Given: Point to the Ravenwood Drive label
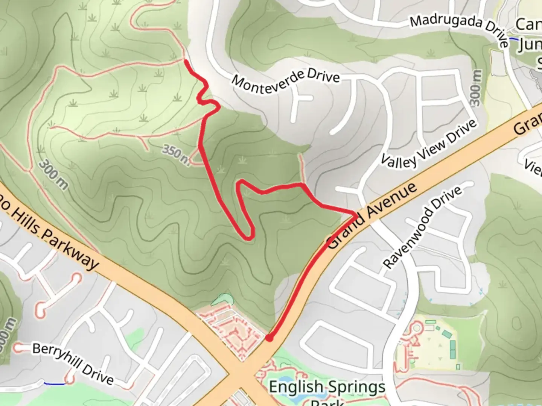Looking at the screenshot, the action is [x=422, y=227].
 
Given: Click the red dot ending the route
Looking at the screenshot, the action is [x=269, y=338].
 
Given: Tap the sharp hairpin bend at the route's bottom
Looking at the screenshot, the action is [x=249, y=236].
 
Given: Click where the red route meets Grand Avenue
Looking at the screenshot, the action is [x=355, y=215].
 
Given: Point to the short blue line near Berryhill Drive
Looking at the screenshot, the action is [x=54, y=383].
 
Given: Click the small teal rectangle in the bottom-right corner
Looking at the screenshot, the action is [x=458, y=367].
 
